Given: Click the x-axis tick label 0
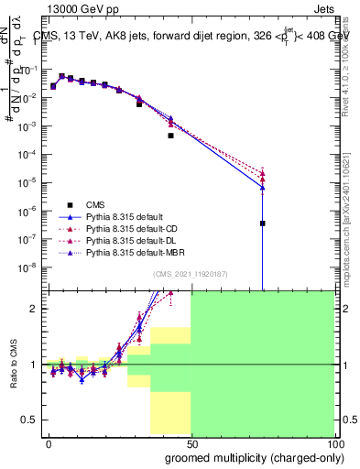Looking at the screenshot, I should coord(49,442).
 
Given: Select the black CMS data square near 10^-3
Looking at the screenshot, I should coord(170,136).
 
